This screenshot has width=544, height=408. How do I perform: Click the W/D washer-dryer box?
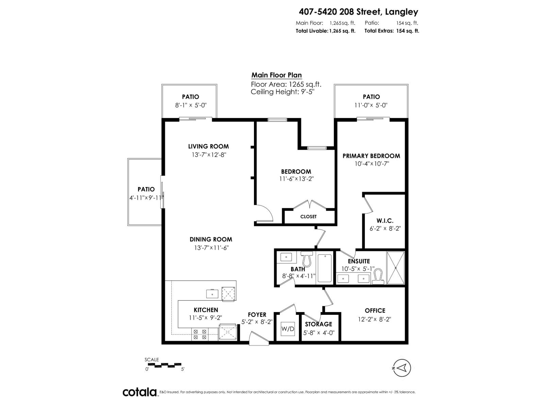pos(287,329)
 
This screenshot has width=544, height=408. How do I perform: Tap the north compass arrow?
pos(402,368)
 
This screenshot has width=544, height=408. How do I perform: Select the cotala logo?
pos(140,392)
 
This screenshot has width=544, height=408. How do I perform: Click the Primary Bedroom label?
pos(371,156)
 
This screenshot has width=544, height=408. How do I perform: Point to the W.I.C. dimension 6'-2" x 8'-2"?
pos(385,228)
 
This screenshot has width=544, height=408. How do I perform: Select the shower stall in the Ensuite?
pos(395,268)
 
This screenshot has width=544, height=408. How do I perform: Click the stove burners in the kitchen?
pos(200,335)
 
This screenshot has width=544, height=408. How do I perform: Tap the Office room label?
pos(375,310)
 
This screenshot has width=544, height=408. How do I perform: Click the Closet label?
pos(308,217)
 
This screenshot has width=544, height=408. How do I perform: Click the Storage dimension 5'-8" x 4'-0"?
pos(318,333)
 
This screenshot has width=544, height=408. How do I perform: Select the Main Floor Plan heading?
pos(276,75)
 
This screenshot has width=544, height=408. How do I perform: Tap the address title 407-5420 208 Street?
pos(358,12)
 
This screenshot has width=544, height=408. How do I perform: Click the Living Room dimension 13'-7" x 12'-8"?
pos(208,155)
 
